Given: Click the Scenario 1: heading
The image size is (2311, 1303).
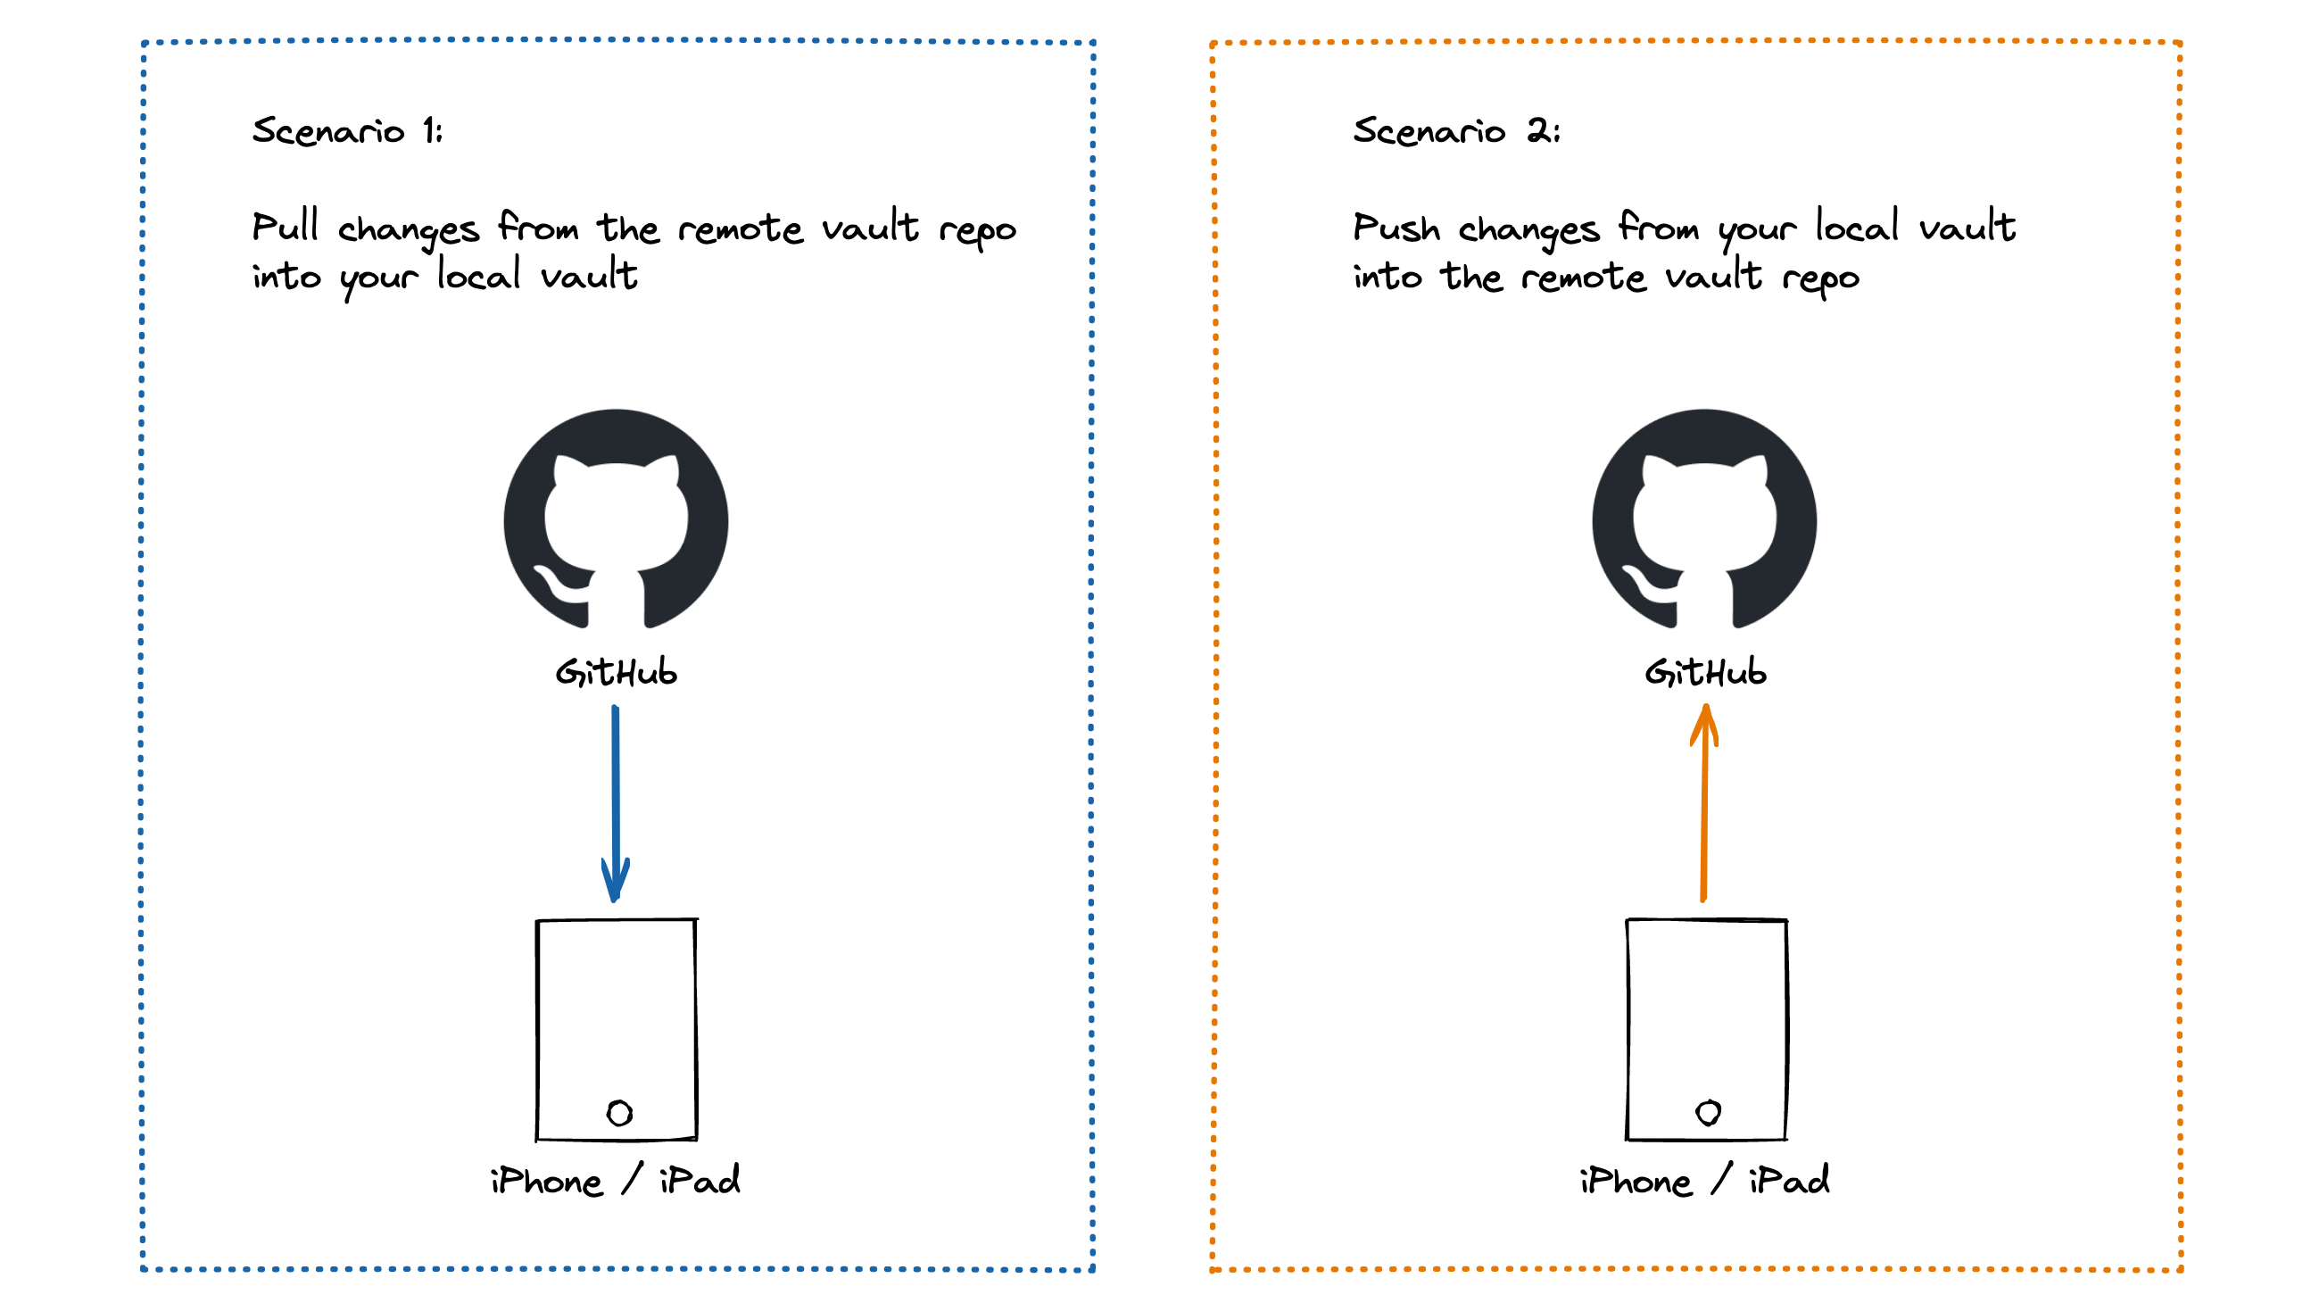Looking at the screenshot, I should [347, 131].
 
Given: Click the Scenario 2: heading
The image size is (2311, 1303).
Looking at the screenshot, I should [1456, 131].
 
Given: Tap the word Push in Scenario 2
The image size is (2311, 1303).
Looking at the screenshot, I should [1396, 227].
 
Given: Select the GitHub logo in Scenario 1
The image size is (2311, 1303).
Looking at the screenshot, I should [617, 520].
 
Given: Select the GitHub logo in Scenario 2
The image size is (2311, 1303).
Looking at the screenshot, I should [1704, 520].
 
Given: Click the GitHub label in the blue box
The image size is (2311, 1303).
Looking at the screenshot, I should [617, 672].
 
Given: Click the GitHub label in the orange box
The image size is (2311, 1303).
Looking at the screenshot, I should [1705, 672].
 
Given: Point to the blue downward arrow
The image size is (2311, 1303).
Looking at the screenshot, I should [616, 790].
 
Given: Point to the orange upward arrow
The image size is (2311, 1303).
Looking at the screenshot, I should [1704, 808].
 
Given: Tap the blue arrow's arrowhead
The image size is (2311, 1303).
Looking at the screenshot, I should [616, 884].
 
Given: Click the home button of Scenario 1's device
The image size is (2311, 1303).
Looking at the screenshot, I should [619, 1114].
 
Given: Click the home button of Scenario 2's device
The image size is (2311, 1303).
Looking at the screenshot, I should [1708, 1113].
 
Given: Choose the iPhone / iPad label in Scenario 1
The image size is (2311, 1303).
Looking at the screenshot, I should [616, 1180].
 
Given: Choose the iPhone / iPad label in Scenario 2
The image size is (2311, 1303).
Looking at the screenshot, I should [1704, 1180].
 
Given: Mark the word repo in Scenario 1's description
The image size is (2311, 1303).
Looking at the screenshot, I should [977, 230].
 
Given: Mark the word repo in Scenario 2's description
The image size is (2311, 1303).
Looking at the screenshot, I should [1820, 279].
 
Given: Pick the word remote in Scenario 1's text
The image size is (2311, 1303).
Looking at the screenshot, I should [740, 228].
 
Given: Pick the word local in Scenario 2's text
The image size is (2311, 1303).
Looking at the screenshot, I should [1857, 227].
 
